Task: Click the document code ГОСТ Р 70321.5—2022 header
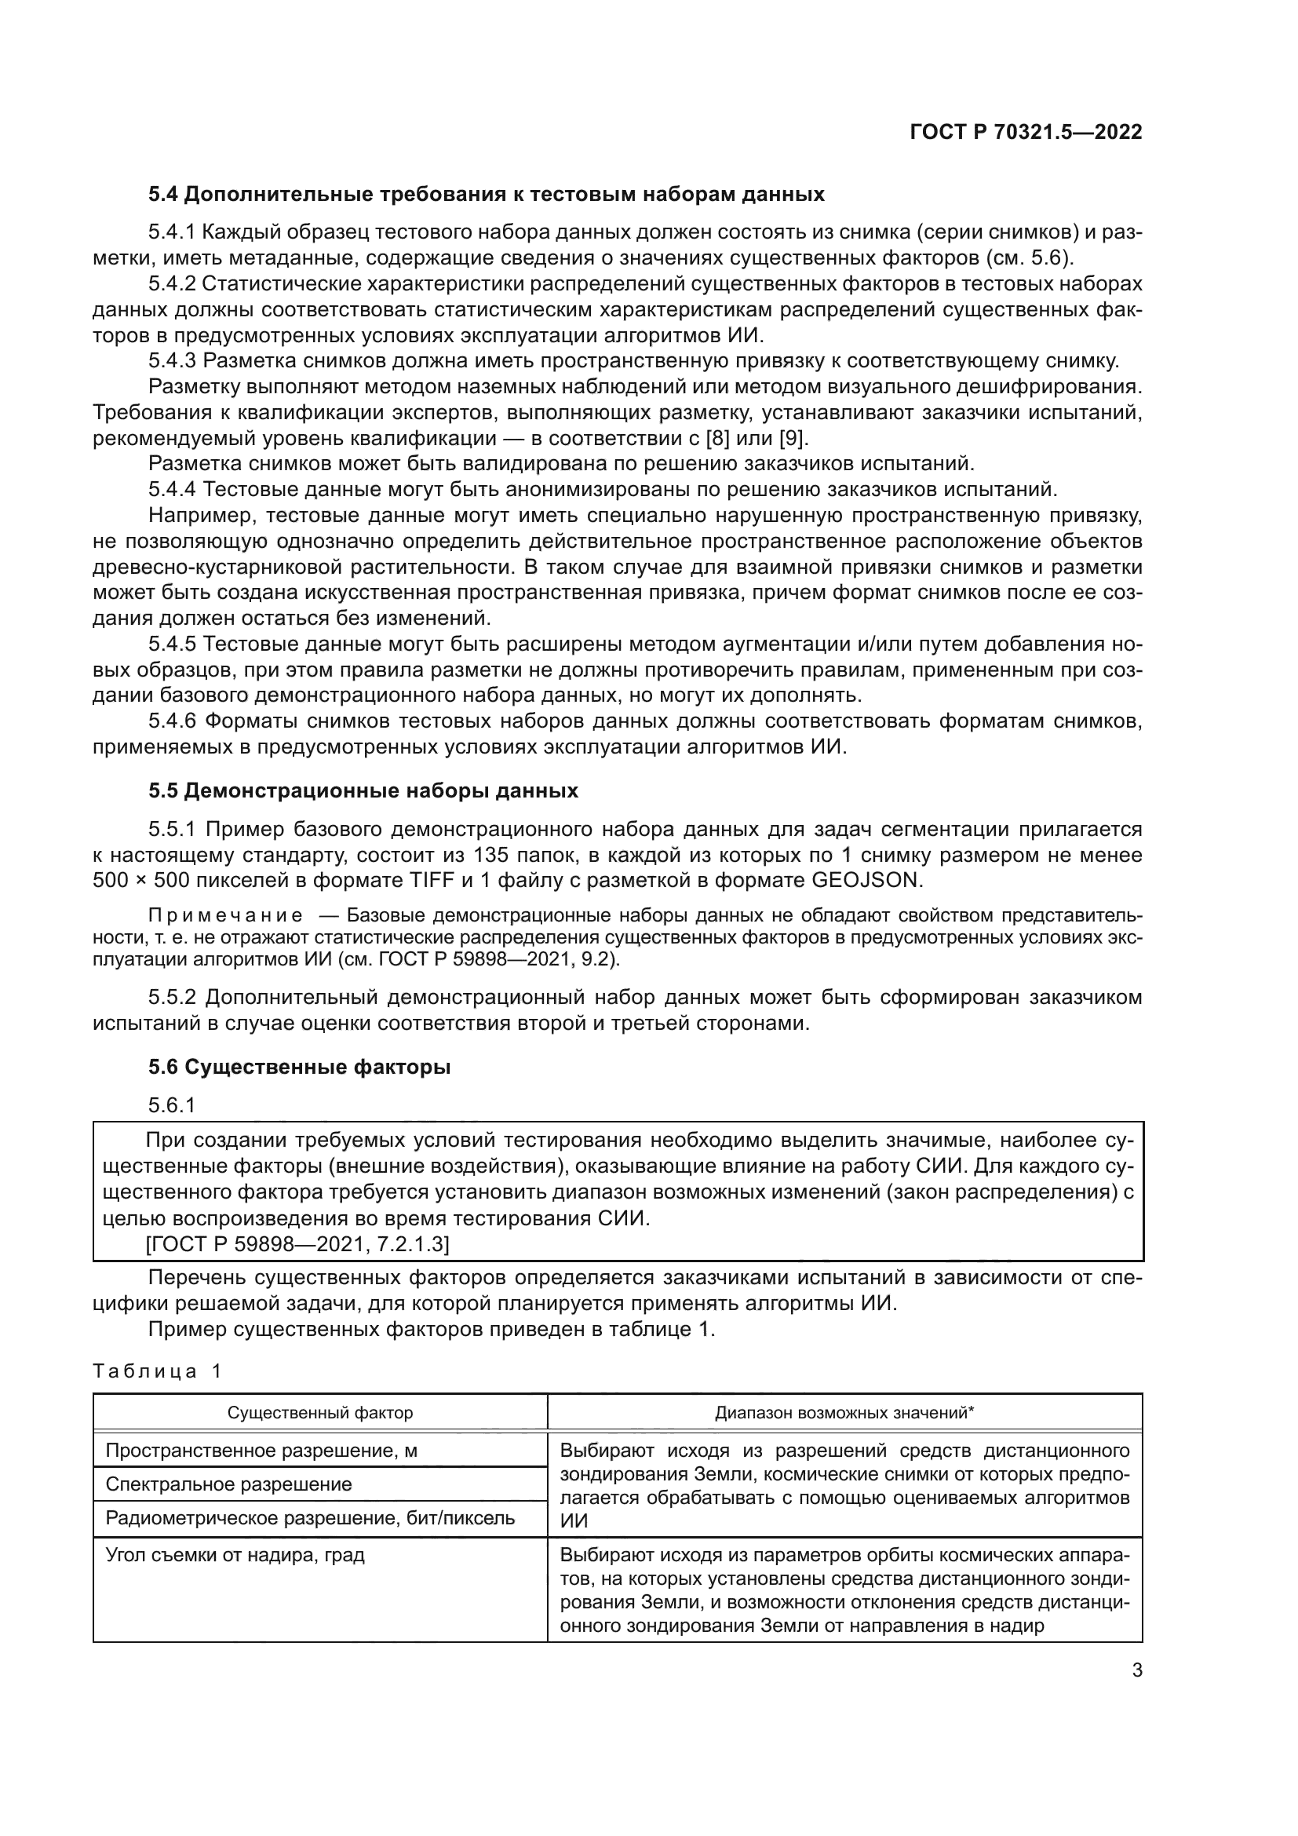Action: click(x=1026, y=133)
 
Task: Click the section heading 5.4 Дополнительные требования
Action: click(x=486, y=195)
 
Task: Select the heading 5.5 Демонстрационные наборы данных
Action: click(x=363, y=791)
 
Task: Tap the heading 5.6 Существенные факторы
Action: click(x=299, y=1067)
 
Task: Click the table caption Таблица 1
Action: click(x=157, y=1371)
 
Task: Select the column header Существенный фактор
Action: click(x=319, y=1412)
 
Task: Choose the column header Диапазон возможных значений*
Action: click(x=844, y=1412)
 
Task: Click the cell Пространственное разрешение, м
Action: click(x=261, y=1450)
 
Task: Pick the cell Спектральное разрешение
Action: click(x=228, y=1484)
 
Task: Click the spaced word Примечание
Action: click(x=226, y=915)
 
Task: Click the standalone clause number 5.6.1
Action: click(x=172, y=1105)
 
